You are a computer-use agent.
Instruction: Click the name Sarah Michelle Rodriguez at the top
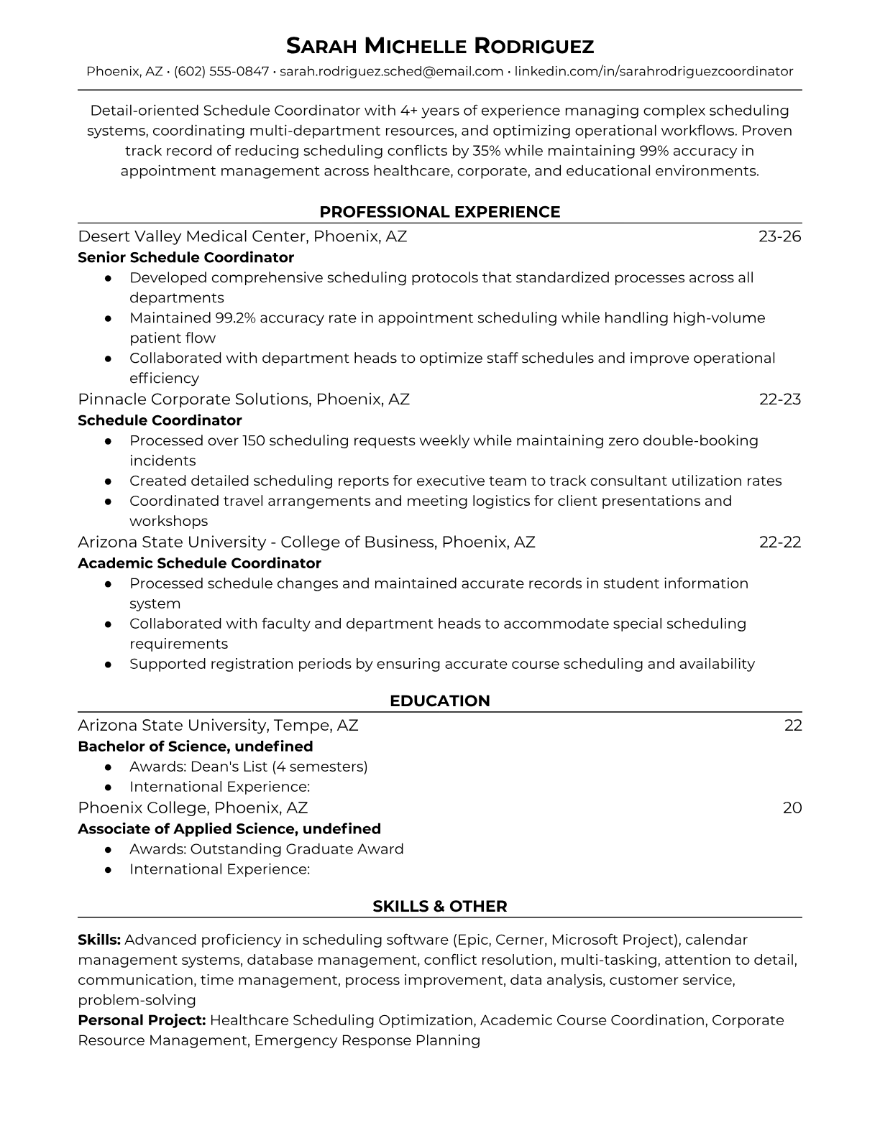tap(440, 47)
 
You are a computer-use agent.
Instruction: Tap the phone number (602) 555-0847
tap(221, 72)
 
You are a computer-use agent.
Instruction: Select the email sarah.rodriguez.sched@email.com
tap(391, 72)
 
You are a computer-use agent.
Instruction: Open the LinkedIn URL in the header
tap(654, 72)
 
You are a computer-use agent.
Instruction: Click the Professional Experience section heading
tap(440, 212)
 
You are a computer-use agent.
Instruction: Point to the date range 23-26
tap(780, 236)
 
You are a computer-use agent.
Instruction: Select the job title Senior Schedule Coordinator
tap(185, 257)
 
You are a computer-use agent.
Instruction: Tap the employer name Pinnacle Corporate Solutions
tap(193, 399)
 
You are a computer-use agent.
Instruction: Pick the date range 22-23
tap(780, 399)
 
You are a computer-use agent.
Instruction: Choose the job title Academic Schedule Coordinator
tap(199, 563)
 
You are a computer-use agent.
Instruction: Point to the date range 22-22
tap(780, 542)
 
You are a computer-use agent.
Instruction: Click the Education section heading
tap(440, 701)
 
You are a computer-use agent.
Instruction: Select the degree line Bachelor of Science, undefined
tap(195, 746)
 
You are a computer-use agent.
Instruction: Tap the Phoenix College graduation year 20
tap(792, 808)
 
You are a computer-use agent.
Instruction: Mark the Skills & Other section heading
tap(440, 907)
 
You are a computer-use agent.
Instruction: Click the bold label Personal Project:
tap(142, 1020)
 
